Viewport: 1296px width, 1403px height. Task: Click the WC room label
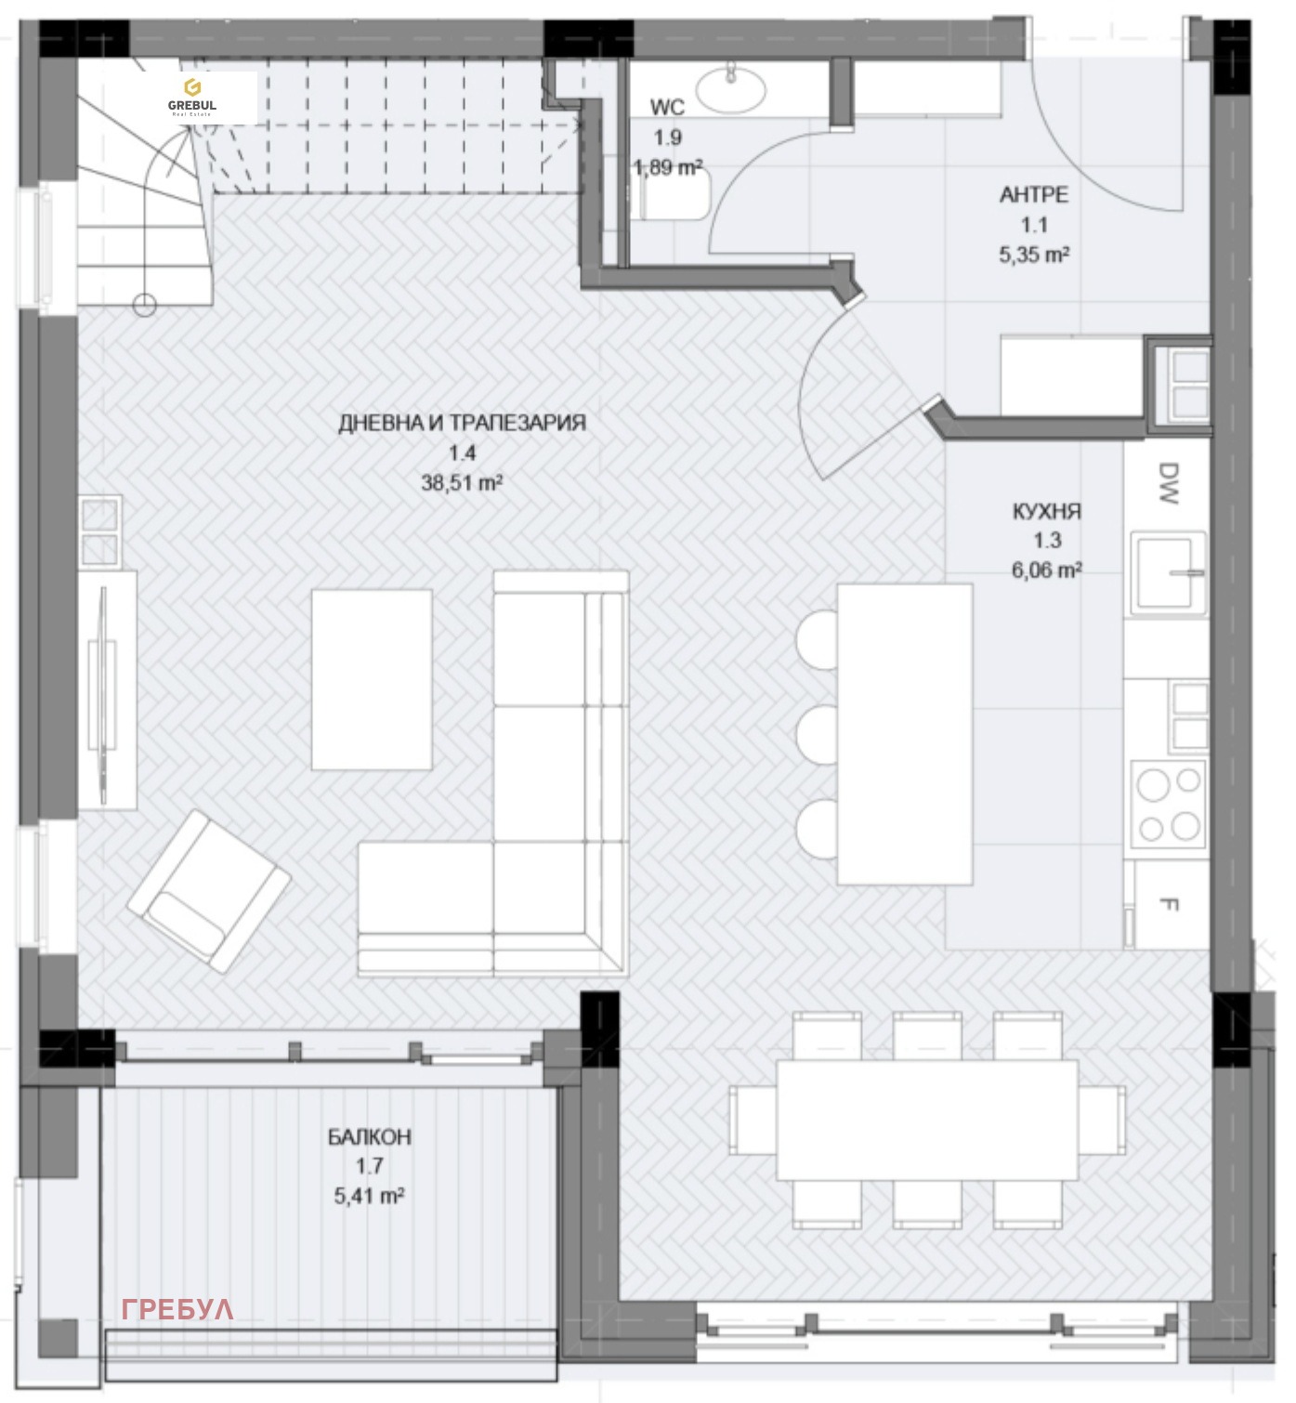pyautogui.click(x=666, y=108)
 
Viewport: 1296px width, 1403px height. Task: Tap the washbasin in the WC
pyautogui.click(x=730, y=88)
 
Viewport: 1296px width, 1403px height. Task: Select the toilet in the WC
pyautogui.click(x=674, y=195)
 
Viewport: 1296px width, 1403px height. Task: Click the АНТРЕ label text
pyautogui.click(x=1033, y=194)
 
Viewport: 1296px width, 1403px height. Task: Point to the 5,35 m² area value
pyautogui.click(x=1033, y=255)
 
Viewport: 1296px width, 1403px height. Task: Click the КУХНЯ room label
pyautogui.click(x=1046, y=511)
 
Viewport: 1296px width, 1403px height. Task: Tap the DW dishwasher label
pyautogui.click(x=1169, y=483)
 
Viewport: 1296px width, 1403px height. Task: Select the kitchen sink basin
pyautogui.click(x=1168, y=572)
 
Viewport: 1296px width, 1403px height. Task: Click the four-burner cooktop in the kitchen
pyautogui.click(x=1168, y=804)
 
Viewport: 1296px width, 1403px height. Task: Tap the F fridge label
pyautogui.click(x=1169, y=903)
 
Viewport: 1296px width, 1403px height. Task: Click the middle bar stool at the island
pyautogui.click(x=817, y=734)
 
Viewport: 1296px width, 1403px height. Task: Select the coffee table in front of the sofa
pyautogui.click(x=372, y=679)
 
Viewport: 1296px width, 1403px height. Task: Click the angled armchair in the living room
pyautogui.click(x=209, y=892)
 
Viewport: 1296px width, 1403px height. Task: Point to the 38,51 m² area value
pyautogui.click(x=462, y=483)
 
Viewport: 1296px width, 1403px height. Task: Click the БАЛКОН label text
pyautogui.click(x=369, y=1136)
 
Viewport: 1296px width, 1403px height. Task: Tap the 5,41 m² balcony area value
pyautogui.click(x=369, y=1196)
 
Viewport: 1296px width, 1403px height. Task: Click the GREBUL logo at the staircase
pyautogui.click(x=192, y=98)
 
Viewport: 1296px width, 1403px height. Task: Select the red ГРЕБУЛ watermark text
pyautogui.click(x=177, y=1309)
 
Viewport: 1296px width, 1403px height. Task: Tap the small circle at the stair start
pyautogui.click(x=145, y=305)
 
